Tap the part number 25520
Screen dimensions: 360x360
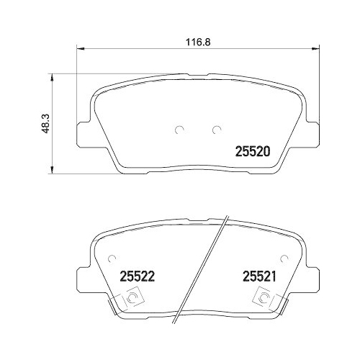pos(253,152)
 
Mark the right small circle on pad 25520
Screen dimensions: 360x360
pos(216,130)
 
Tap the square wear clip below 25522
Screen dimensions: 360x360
pos(132,297)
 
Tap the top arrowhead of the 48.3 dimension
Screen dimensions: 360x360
pos(51,76)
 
